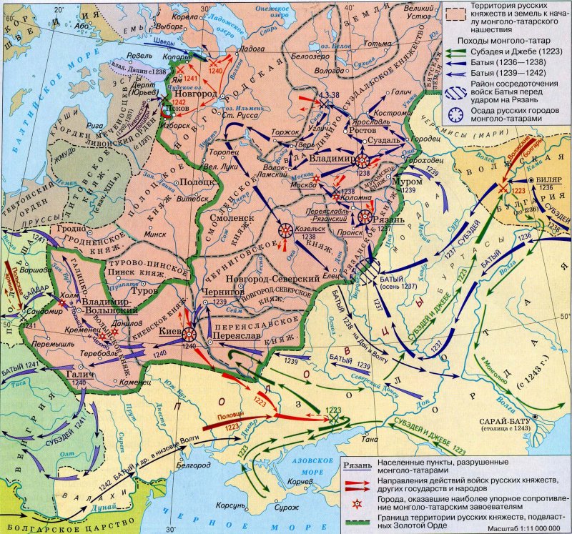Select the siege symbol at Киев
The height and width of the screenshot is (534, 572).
click(x=189, y=334)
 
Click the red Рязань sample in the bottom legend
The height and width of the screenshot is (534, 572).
click(x=357, y=465)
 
